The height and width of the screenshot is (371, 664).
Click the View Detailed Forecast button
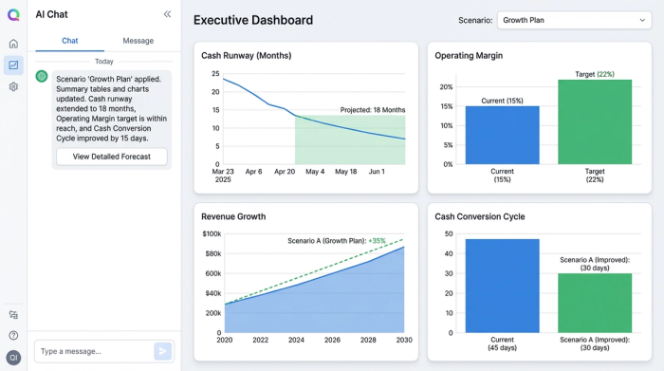pyautogui.click(x=111, y=157)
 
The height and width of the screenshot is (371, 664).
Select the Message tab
pyautogui.click(x=138, y=41)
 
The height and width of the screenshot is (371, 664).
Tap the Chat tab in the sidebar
pyautogui.click(x=70, y=41)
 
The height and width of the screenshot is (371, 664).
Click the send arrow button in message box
pyautogui.click(x=163, y=351)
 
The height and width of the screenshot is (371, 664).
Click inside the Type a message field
pyautogui.click(x=93, y=351)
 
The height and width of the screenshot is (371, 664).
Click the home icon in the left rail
pyautogui.click(x=13, y=44)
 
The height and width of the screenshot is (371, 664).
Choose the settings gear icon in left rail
pyautogui.click(x=13, y=86)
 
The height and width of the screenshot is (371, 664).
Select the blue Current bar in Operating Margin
pyautogui.click(x=502, y=134)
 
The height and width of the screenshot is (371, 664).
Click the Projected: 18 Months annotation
pyautogui.click(x=373, y=110)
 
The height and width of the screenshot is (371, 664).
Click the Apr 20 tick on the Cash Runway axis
pyautogui.click(x=285, y=172)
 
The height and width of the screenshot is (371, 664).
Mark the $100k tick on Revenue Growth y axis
pyautogui.click(x=212, y=233)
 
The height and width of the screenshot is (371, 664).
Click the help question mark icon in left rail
pyautogui.click(x=13, y=335)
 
